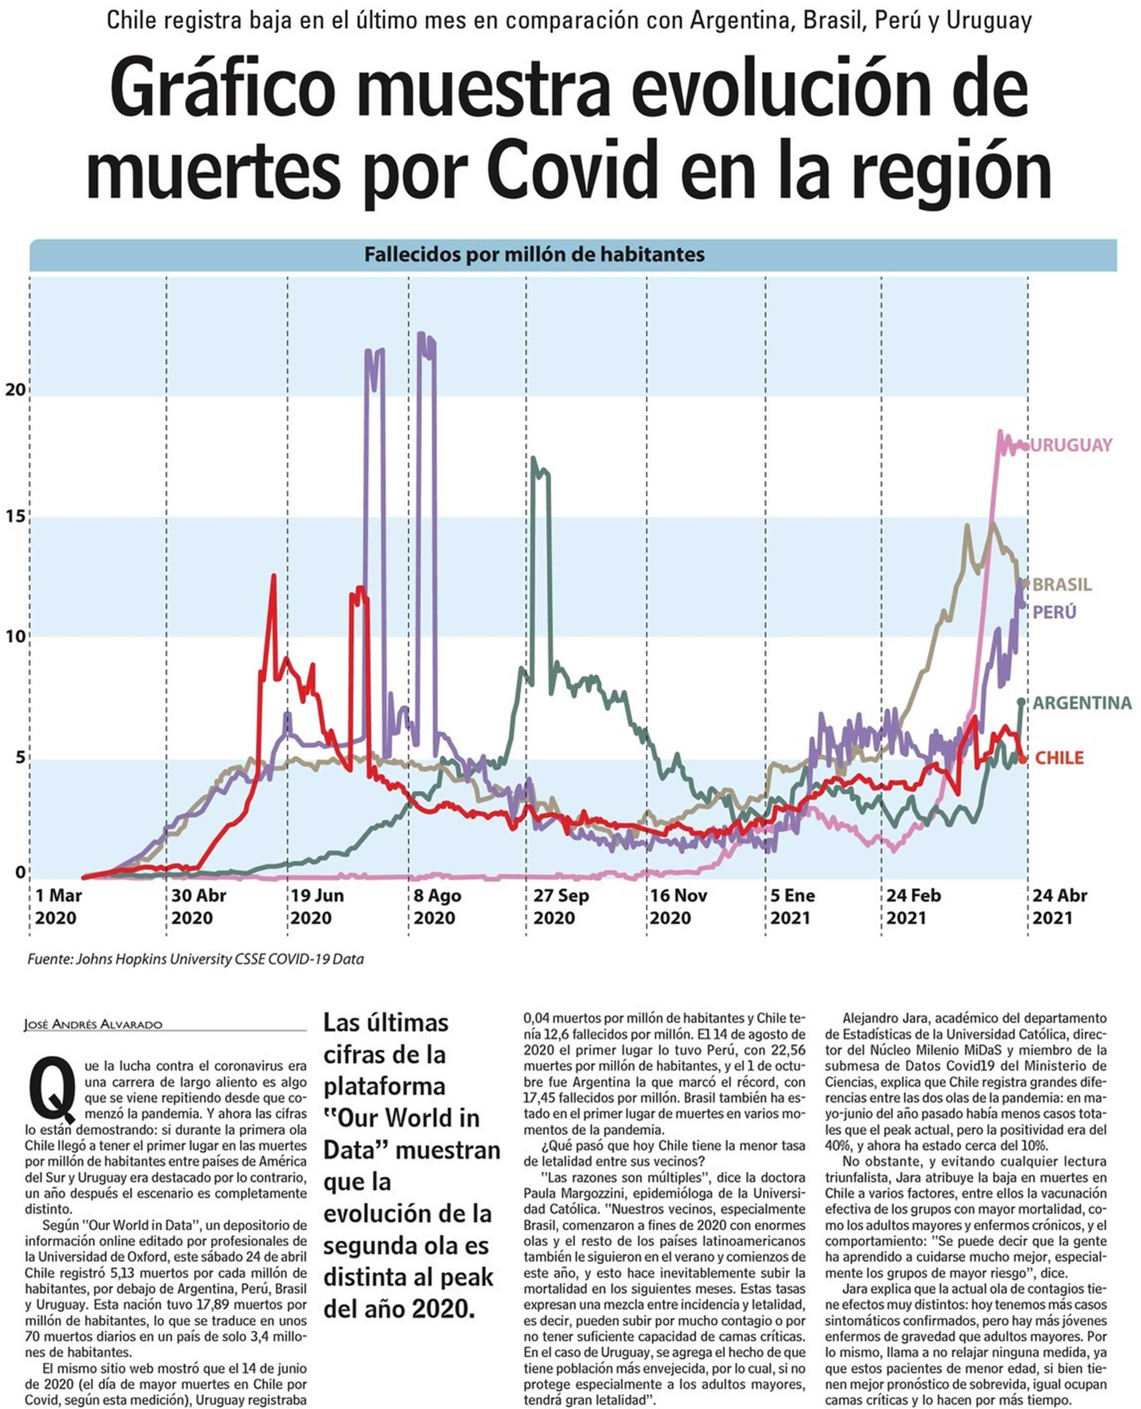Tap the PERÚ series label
[x=1054, y=613]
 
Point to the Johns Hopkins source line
[x=195, y=959]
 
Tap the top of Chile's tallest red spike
[x=273, y=576]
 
